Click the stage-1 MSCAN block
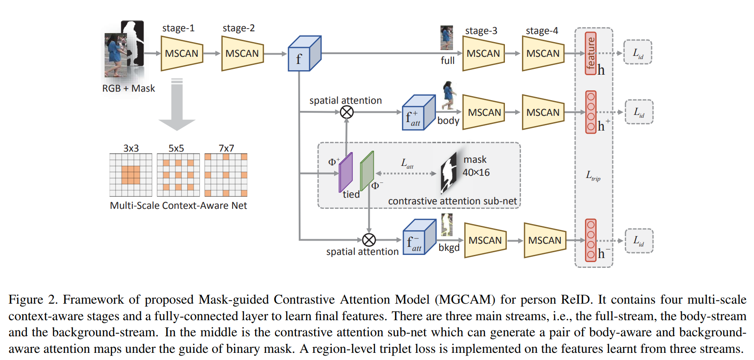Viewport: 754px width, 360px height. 182,54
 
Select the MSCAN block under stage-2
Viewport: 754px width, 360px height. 242,54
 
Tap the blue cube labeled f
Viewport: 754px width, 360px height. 304,54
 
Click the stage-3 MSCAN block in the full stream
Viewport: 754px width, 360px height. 483,54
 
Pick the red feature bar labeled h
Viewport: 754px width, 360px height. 590,53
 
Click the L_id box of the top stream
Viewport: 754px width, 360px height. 638,53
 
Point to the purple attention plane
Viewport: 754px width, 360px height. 346,173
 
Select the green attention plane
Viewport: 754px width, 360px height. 367,171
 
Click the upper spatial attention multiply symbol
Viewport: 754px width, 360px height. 347,112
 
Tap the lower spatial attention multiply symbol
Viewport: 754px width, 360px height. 369,240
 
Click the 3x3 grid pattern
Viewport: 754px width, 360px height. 131,175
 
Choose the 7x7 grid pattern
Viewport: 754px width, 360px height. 226,175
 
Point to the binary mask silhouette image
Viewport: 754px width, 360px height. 449,172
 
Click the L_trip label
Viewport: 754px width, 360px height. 593,175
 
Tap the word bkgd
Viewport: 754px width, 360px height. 449,248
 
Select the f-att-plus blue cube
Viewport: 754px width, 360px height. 419,113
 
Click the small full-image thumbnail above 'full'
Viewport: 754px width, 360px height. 447,38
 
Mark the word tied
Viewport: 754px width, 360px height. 351,195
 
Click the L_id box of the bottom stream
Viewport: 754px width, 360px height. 639,241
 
